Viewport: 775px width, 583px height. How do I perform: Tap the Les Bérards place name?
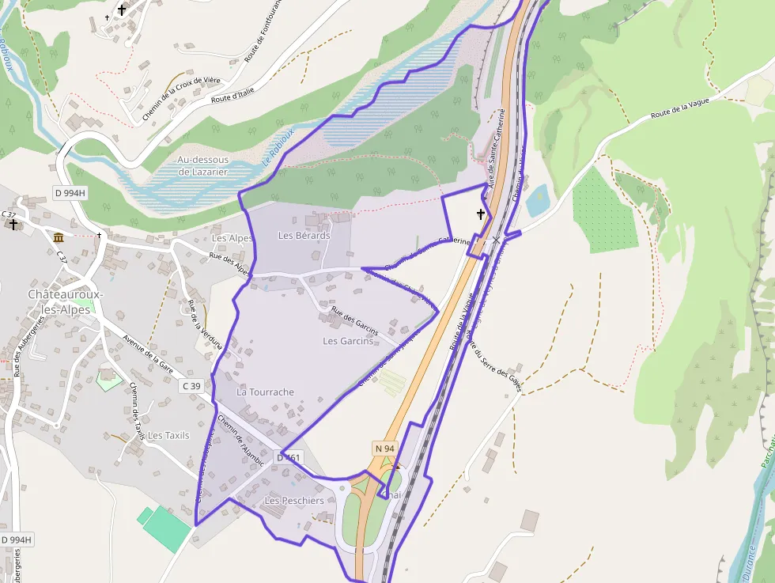tap(304, 236)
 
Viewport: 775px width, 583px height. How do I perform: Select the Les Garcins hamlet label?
tap(348, 341)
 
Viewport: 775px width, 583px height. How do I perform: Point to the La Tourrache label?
tap(266, 392)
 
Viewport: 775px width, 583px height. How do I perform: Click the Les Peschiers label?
tap(293, 501)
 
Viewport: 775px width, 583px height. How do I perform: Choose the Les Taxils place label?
tap(168, 435)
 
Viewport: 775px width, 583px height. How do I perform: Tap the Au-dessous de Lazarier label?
tap(202, 165)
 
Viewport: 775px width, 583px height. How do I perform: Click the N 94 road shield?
tap(384, 449)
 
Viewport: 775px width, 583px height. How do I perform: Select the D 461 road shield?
tap(289, 457)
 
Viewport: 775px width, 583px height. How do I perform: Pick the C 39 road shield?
tap(191, 386)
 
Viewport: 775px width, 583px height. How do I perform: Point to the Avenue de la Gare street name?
tap(148, 354)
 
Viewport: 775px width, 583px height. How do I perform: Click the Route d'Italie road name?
tap(232, 96)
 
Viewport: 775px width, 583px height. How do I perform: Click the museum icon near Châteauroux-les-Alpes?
tap(58, 237)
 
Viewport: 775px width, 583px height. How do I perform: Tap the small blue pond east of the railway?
tap(537, 200)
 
